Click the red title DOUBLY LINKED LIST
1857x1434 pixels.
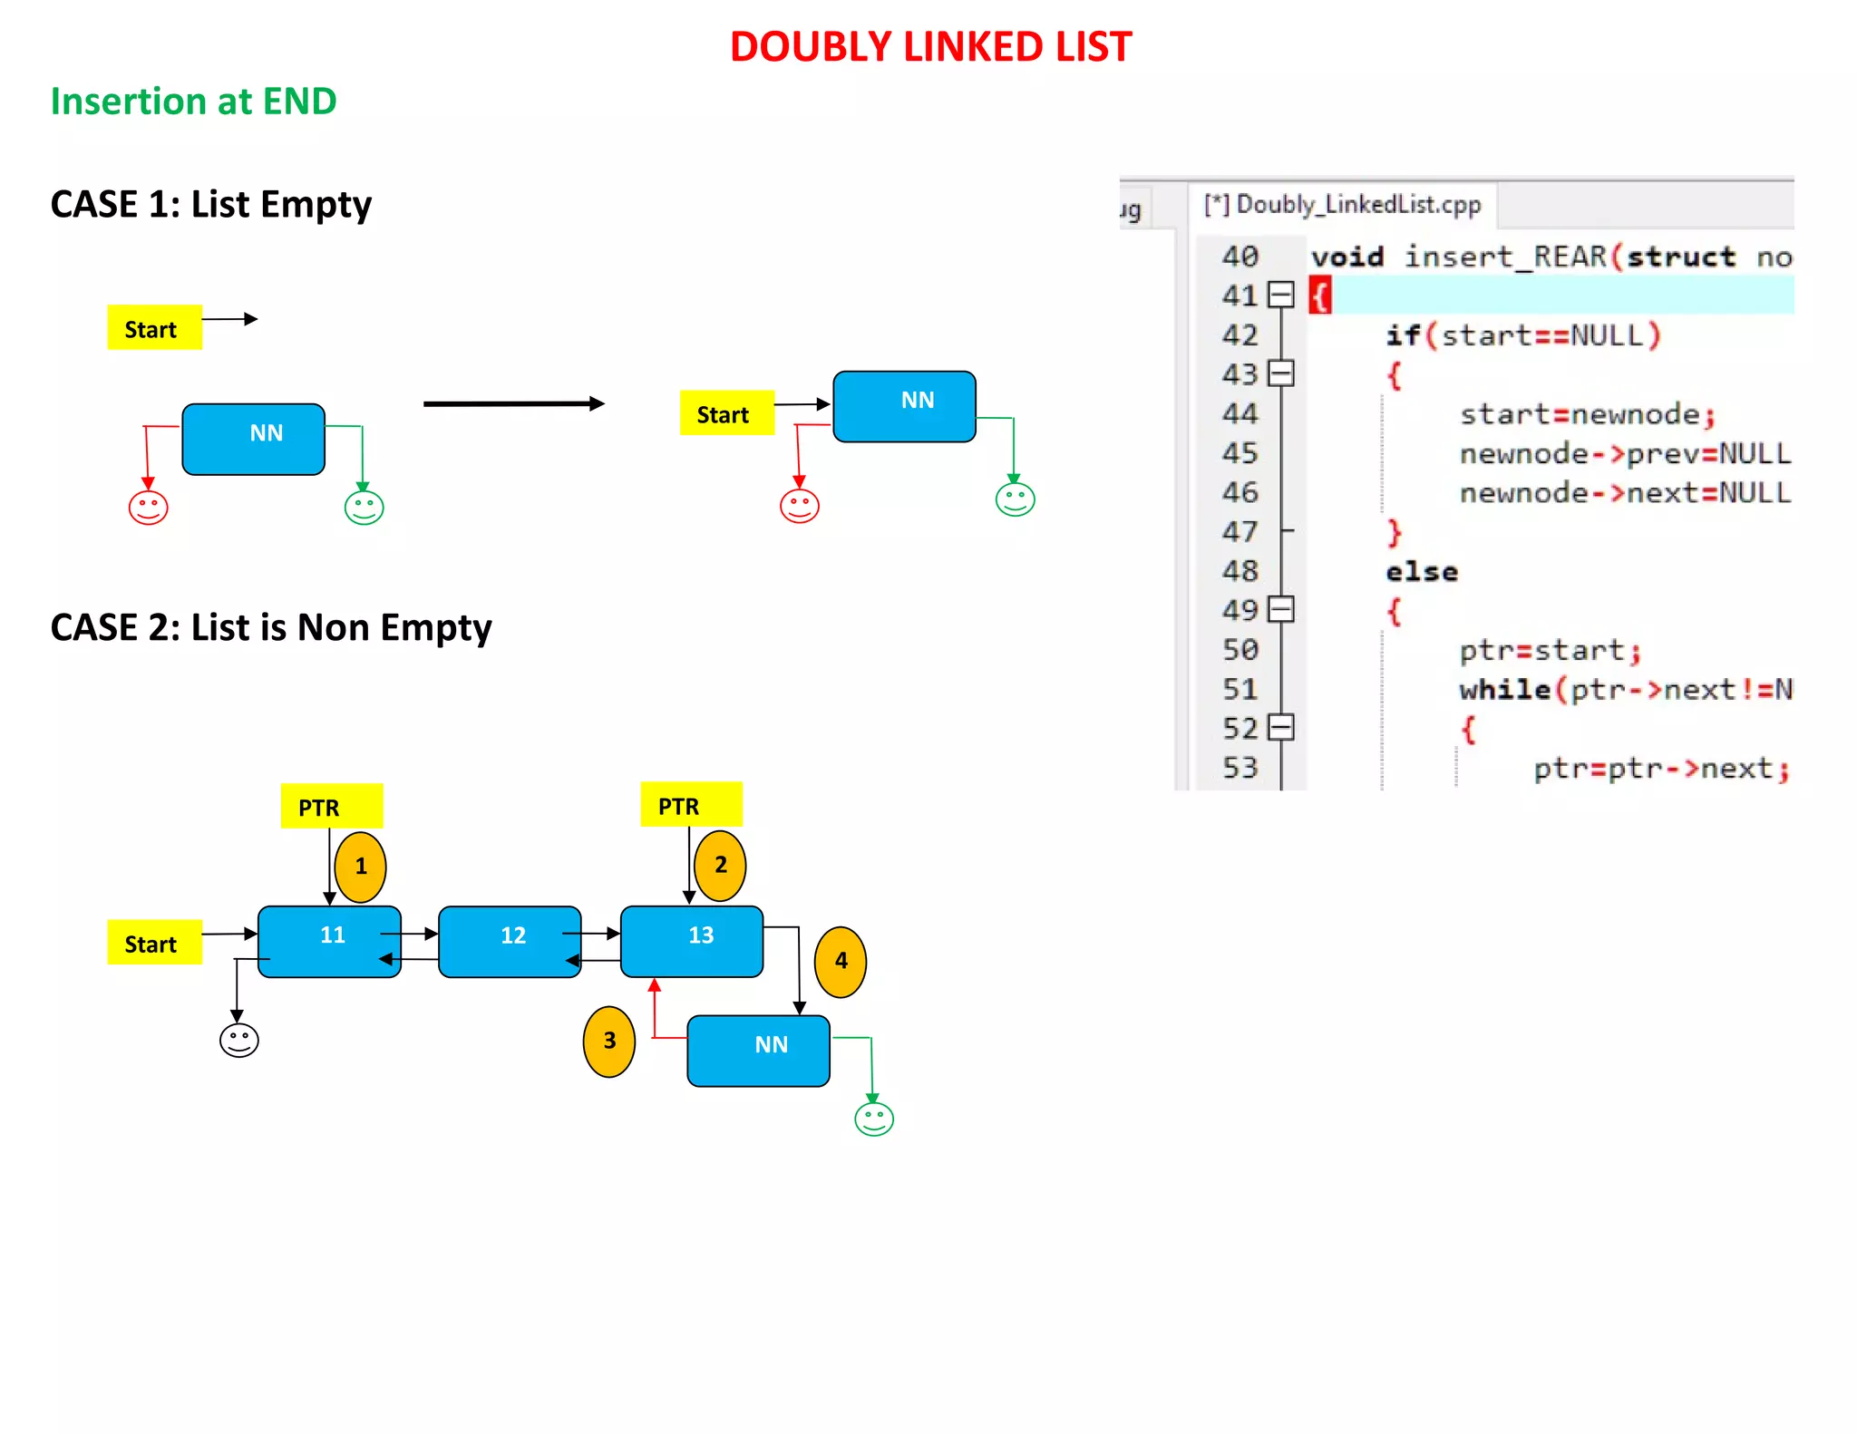[x=930, y=47]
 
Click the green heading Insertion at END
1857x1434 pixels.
[x=193, y=102]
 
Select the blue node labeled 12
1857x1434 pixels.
[x=510, y=941]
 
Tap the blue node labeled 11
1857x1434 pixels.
[x=329, y=941]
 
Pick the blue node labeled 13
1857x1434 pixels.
[x=692, y=941]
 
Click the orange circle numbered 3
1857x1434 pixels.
[x=609, y=1041]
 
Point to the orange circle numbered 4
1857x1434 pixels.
[x=841, y=961]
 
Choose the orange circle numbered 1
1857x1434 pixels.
[x=360, y=867]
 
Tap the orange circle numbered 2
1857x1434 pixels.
[x=720, y=865]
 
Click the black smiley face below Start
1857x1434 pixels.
[x=239, y=1040]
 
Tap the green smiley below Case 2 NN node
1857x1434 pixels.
[x=874, y=1119]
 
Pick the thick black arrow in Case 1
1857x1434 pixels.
[x=513, y=403]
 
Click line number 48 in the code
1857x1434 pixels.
[x=1240, y=571]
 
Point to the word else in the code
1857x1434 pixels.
[x=1421, y=572]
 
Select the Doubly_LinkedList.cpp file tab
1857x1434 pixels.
[x=1342, y=205]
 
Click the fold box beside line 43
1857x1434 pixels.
[x=1280, y=373]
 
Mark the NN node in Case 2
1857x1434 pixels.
[x=758, y=1050]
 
